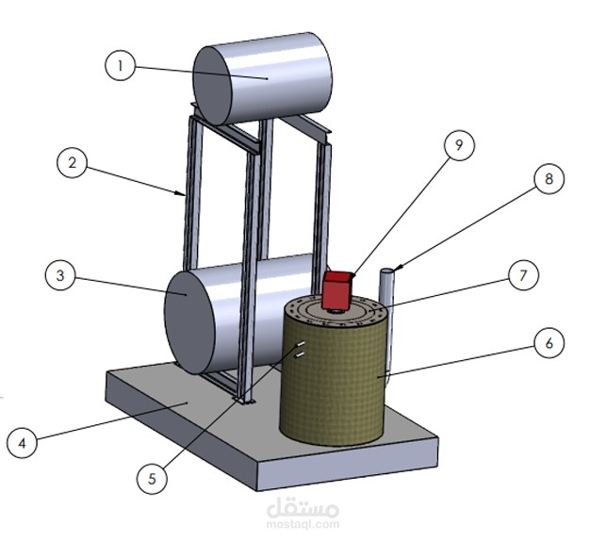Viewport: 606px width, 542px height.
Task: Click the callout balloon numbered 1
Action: point(120,67)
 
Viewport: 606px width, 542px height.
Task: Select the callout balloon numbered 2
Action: point(72,163)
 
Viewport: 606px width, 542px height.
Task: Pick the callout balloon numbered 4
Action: point(24,440)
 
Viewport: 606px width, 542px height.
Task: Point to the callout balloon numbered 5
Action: point(150,478)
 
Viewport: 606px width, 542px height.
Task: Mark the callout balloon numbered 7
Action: point(522,275)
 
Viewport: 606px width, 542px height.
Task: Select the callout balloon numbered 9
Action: point(459,146)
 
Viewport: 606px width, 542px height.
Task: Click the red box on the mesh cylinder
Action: point(336,289)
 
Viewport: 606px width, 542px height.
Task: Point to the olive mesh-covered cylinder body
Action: point(335,386)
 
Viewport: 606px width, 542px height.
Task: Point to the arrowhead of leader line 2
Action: point(184,195)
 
